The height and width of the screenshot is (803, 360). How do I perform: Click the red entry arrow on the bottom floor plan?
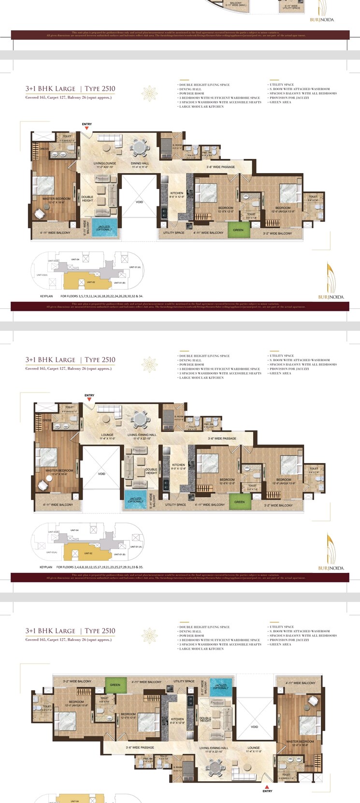pos(267,787)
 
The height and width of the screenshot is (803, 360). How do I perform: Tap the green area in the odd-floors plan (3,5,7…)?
pos(238,230)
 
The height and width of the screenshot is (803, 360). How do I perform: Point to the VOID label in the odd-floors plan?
pos(139,202)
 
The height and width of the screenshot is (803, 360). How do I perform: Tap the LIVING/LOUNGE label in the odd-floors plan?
pos(105,163)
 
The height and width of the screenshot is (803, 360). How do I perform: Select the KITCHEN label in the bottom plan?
pos(177,719)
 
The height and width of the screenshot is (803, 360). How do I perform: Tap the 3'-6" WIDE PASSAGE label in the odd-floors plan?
pos(221,167)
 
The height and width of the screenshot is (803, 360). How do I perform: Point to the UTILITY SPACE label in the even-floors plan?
pos(175,505)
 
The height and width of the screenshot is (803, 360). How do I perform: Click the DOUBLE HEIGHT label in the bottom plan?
pos(205,719)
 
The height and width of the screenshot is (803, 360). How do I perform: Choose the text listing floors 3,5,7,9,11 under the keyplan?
pos(101,296)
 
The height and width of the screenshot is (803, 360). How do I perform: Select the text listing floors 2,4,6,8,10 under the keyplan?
pos(100,567)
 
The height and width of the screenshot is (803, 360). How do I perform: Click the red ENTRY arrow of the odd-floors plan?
pos(87,129)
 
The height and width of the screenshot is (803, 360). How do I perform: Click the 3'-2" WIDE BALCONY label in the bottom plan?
pos(77,681)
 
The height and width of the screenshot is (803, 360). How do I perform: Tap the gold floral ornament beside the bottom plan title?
pos(150,635)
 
